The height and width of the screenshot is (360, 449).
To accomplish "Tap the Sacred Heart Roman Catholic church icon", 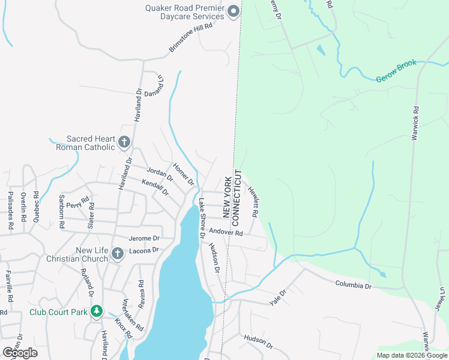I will tap(124, 142).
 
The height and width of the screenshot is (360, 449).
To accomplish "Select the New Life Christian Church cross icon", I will tap(117, 254).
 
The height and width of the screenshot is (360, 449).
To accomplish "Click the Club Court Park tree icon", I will tap(95, 311).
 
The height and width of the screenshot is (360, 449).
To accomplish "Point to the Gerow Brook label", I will tap(396, 78).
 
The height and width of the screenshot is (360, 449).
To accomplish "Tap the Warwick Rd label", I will tap(414, 124).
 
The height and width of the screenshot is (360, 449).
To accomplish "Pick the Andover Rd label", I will tap(225, 232).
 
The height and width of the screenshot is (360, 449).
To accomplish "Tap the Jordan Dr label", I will tap(160, 173).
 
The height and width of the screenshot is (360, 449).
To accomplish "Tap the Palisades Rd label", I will tap(11, 211).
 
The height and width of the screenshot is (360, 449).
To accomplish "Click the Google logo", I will tap(20, 352).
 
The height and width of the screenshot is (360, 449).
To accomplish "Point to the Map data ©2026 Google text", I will tap(411, 355).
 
